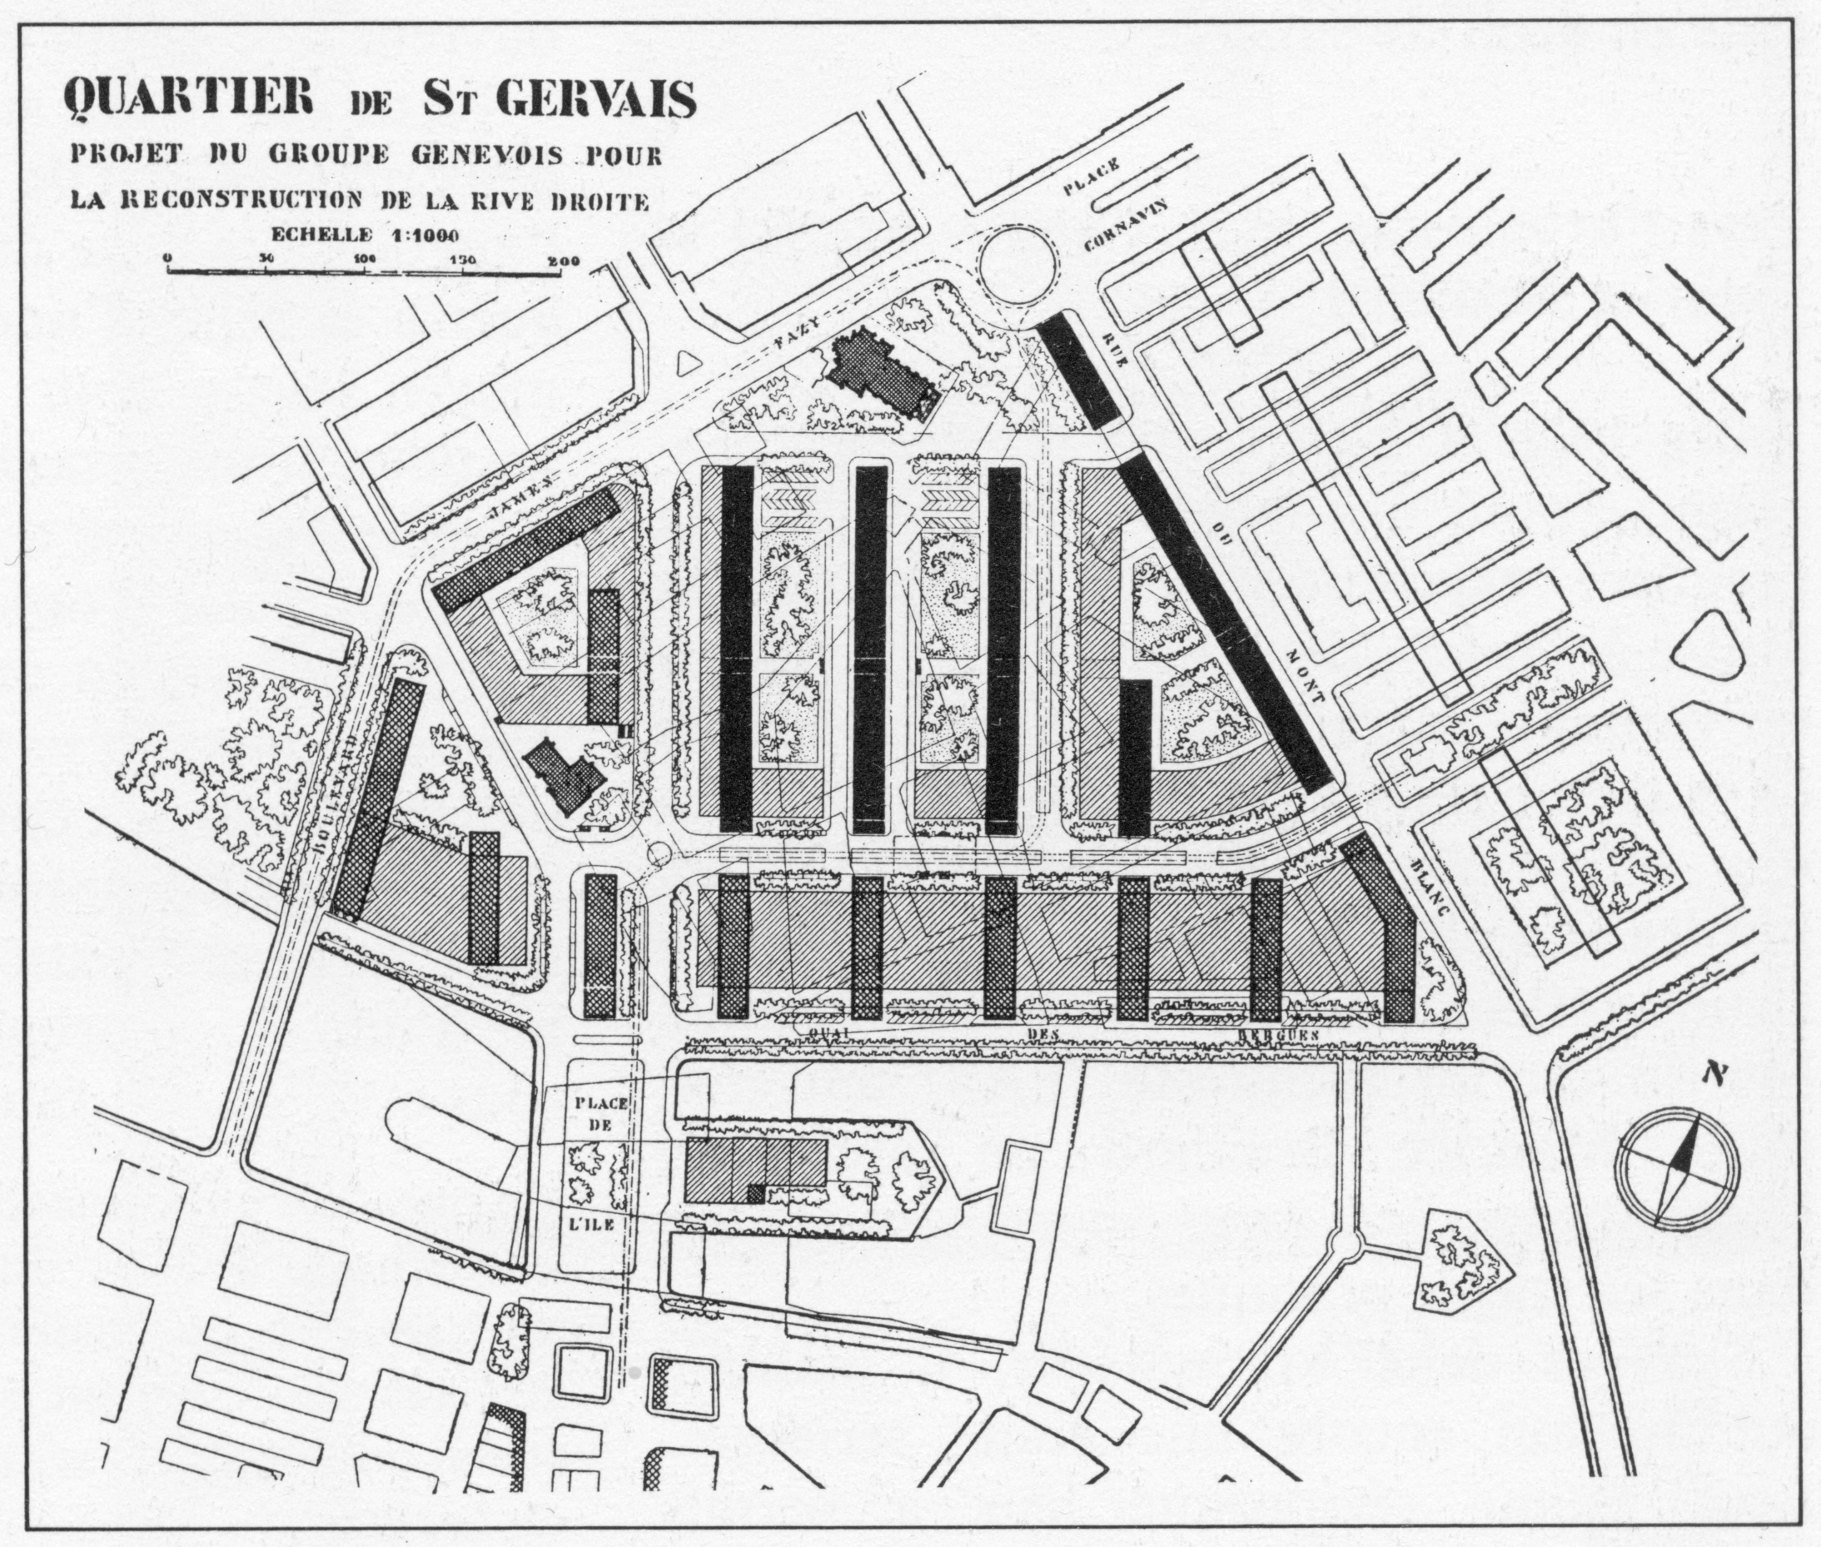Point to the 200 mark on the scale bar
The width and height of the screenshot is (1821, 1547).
tap(560, 260)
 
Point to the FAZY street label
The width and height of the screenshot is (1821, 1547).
tap(799, 331)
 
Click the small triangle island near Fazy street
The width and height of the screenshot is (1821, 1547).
tap(688, 363)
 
